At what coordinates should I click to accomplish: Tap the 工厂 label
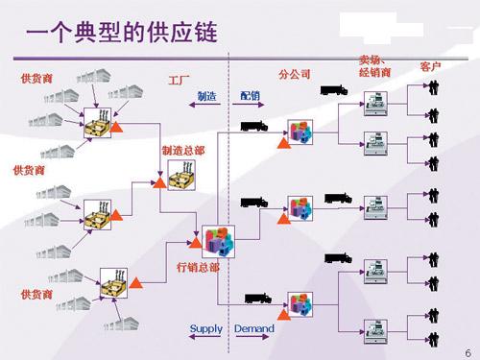point(180,77)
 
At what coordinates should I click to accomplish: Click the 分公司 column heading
point(295,74)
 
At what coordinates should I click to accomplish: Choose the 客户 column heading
point(430,67)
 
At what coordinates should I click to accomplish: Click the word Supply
point(205,329)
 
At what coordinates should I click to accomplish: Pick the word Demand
point(253,329)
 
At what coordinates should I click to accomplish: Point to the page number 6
point(467,349)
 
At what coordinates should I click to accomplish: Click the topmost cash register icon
point(375,99)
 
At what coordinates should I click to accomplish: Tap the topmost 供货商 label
point(36,77)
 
